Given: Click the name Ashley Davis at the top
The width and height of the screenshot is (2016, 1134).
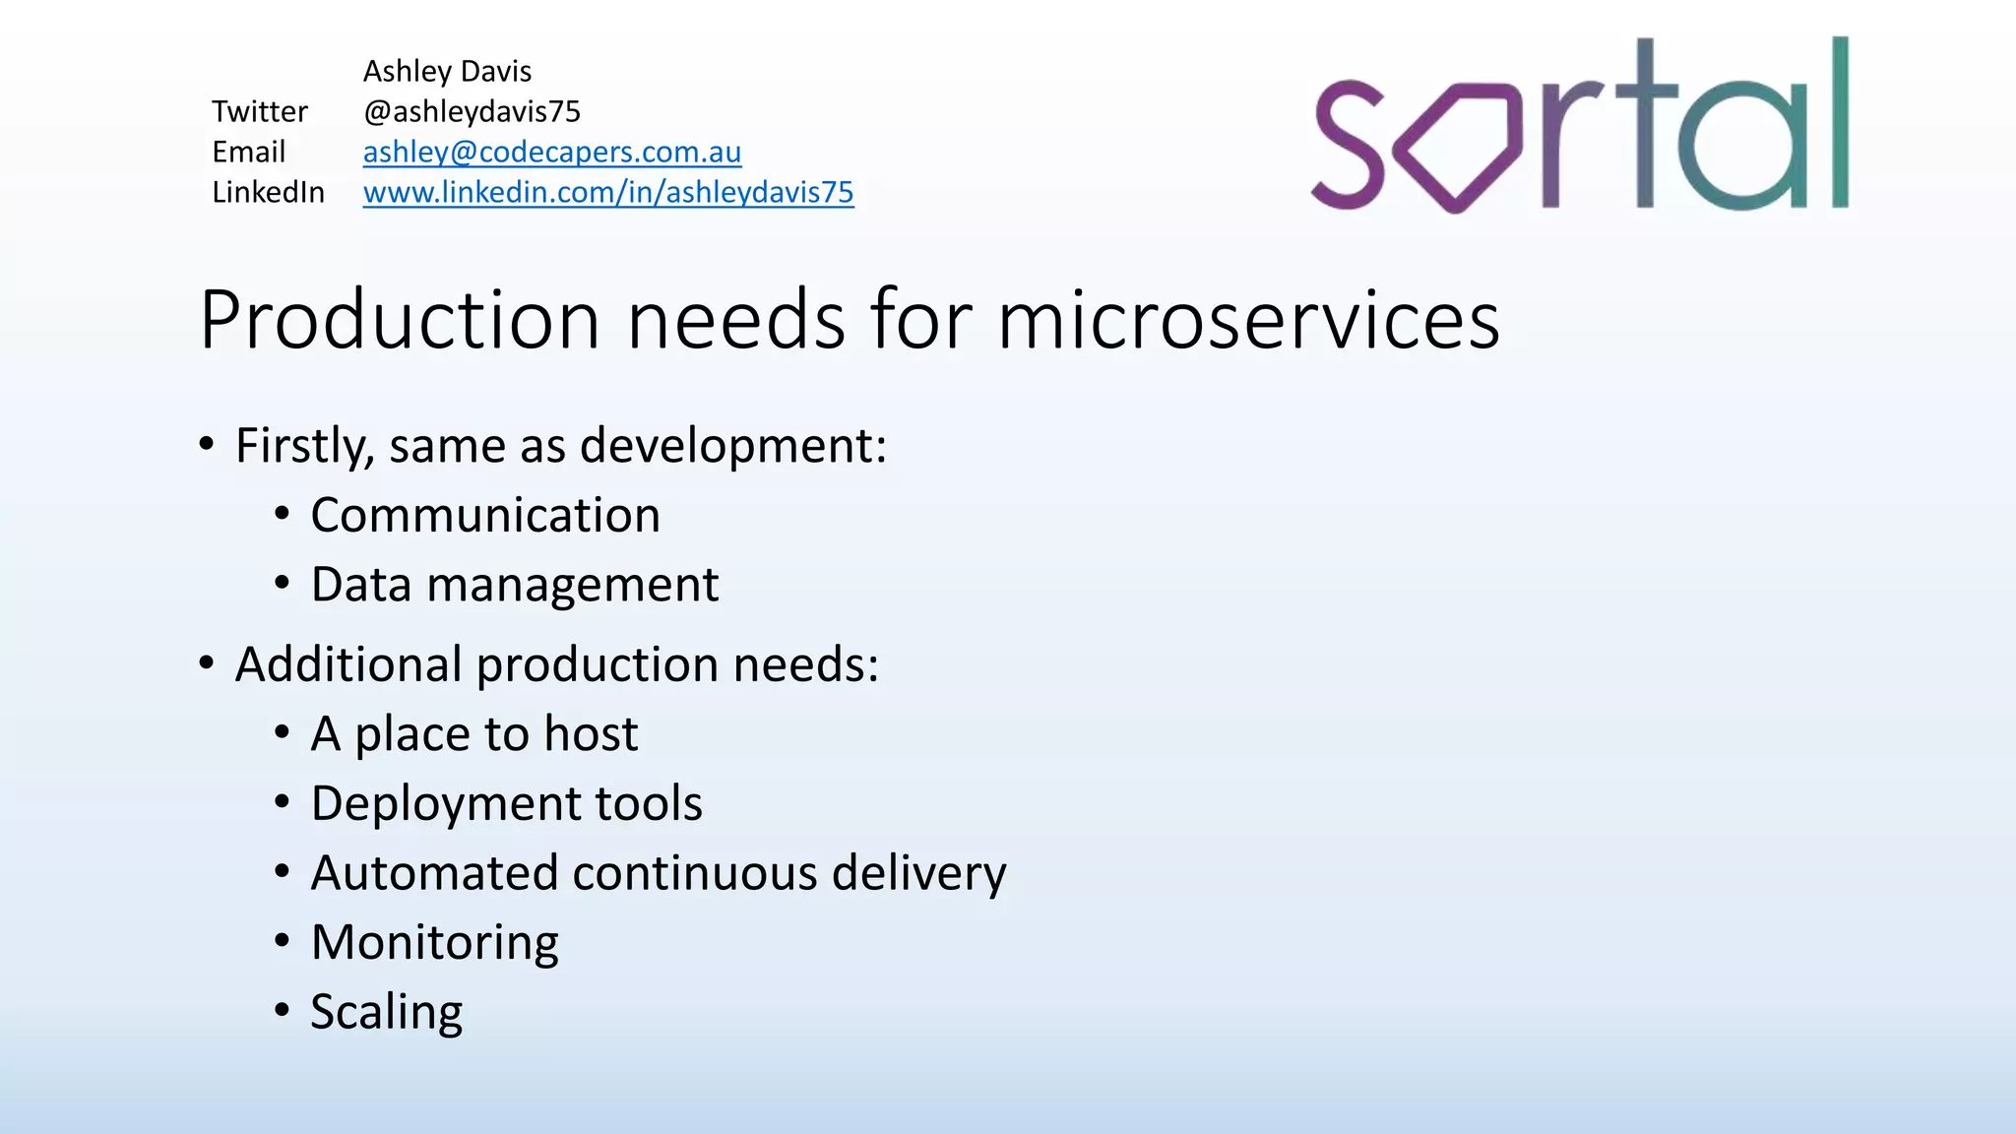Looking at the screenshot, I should coord(447,71).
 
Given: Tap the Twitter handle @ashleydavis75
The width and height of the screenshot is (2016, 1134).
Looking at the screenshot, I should coord(472,111).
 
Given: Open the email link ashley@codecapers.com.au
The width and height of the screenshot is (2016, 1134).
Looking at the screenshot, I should coord(551,152).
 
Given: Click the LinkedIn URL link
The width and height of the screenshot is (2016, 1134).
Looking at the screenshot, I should coord(607,192).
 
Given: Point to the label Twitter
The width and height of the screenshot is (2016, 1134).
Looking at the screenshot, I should coord(260,111).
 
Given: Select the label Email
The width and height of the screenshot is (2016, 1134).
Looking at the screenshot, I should coord(248,152).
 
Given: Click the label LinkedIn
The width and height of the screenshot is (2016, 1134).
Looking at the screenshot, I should coord(268,192).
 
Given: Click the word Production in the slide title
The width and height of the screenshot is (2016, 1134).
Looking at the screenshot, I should coord(400,320).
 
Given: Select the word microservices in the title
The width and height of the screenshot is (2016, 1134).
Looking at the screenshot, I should coord(1248,320).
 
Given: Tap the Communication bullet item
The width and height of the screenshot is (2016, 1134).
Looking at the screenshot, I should coord(485,515).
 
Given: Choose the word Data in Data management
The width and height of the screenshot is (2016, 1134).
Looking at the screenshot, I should coord(360,585).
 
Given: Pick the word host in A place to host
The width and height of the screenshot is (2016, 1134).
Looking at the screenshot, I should coord(591,733).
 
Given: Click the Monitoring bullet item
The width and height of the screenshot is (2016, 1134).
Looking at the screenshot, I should coord(434,943).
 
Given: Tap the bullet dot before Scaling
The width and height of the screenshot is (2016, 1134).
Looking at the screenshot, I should coord(283,1010).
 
